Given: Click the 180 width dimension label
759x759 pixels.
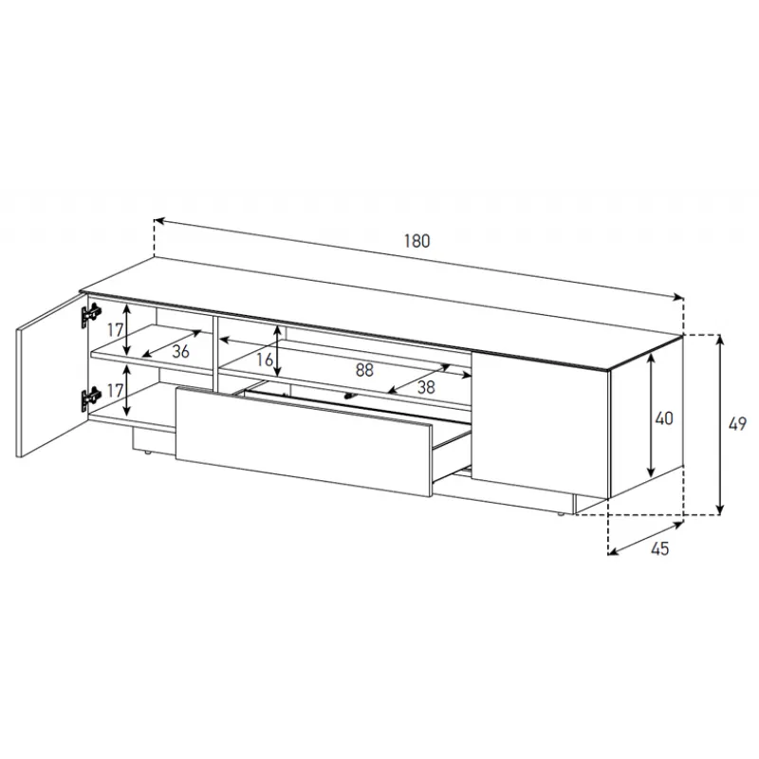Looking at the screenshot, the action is [x=417, y=241].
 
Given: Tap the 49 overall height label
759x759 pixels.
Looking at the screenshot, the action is [x=737, y=424].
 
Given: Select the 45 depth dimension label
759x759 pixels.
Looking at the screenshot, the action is [x=659, y=548].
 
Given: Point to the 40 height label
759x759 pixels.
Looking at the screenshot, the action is [x=663, y=418].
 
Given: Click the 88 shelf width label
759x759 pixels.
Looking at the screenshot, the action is [x=364, y=370].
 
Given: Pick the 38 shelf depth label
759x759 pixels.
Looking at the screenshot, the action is [x=426, y=387].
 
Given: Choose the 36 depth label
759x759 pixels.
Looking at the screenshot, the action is [x=180, y=351].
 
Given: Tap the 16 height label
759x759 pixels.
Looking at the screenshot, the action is [x=265, y=360].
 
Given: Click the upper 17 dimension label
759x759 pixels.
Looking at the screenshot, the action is [x=115, y=330].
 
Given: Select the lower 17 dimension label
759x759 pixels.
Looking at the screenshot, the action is [x=115, y=390].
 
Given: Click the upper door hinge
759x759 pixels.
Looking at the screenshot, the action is [x=90, y=316].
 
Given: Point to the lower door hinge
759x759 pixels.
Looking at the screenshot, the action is [x=90, y=399].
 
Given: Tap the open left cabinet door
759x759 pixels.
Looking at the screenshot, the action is [x=51, y=375].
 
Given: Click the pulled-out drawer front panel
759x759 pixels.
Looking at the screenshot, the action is [x=304, y=441].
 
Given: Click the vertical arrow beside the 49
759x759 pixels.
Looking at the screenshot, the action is [x=720, y=424].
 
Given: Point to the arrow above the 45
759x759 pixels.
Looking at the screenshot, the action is [x=645, y=538].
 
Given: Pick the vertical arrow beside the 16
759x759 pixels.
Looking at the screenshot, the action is [x=277, y=351].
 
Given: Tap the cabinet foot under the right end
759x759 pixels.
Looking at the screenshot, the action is [x=560, y=514].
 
